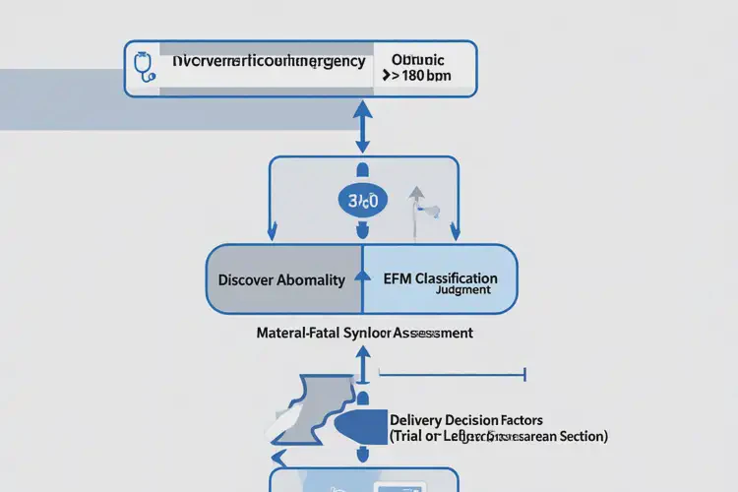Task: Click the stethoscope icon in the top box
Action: coord(144,68)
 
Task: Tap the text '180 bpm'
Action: coord(426,77)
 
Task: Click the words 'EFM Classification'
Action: coord(440,277)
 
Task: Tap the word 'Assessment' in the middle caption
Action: coord(433,333)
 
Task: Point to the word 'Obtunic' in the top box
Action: coord(417,59)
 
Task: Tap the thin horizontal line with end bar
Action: coord(453,374)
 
